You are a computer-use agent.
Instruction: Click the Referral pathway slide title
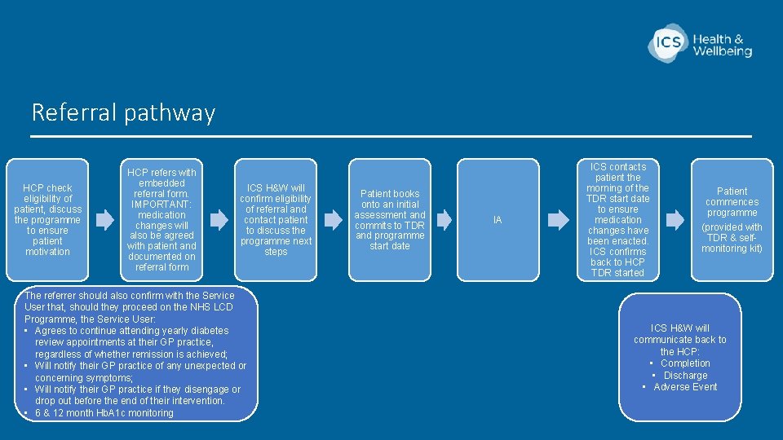pos(123,112)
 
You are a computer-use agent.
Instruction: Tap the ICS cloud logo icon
pos(667,42)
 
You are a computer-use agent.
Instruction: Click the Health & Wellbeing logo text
pos(723,45)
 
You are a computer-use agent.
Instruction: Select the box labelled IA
pos(498,220)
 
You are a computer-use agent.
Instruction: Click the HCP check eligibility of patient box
pos(47,219)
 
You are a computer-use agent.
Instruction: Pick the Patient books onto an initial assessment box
pos(390,219)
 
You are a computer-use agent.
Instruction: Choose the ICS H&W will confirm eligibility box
pos(276,219)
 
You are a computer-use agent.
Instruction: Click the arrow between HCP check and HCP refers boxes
pos(105,219)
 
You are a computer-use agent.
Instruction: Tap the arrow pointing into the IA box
pos(443,219)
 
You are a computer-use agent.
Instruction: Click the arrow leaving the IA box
pos(558,219)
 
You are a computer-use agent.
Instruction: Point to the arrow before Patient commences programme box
pos(675,219)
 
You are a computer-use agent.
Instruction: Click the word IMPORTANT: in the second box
pos(161,205)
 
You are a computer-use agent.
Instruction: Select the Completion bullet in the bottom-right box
pos(685,363)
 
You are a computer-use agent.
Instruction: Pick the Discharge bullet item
pos(685,376)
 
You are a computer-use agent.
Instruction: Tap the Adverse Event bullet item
pos(685,387)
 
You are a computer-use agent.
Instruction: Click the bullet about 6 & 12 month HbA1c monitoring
pos(104,413)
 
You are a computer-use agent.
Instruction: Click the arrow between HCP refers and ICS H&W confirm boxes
pos(219,219)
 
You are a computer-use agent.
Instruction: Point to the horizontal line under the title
pos(391,136)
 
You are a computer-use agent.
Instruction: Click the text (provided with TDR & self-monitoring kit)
pos(732,237)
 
